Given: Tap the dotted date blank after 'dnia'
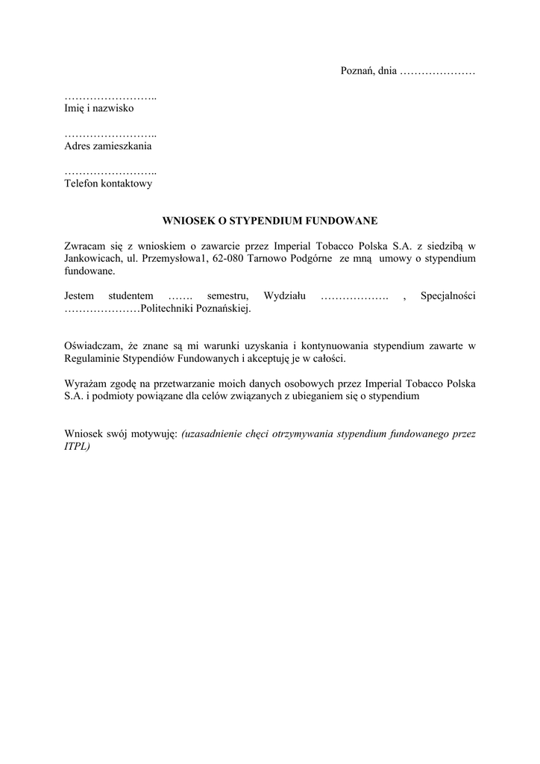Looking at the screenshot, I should pyautogui.click(x=437, y=72).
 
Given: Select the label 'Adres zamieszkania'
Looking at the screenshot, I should pyautogui.click(x=108, y=146).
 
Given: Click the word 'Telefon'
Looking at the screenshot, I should pyautogui.click(x=83, y=184).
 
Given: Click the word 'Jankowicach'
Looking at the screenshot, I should pyautogui.click(x=92, y=258).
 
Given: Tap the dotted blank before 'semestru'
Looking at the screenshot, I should pyautogui.click(x=181, y=296).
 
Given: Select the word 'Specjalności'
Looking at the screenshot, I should pyautogui.click(x=448, y=296).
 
